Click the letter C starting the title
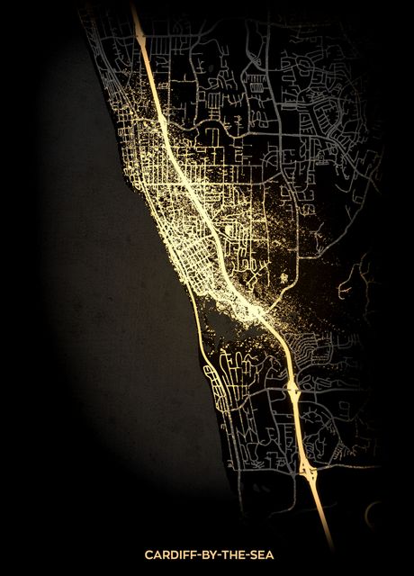[x=148, y=556]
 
